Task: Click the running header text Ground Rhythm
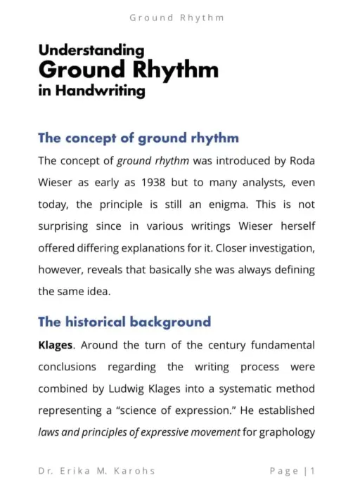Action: (x=177, y=18)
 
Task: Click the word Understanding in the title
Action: (x=91, y=51)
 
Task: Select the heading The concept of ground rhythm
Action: (x=138, y=138)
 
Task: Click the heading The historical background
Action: (x=124, y=323)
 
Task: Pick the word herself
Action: (x=295, y=226)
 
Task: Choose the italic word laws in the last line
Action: (x=49, y=432)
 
